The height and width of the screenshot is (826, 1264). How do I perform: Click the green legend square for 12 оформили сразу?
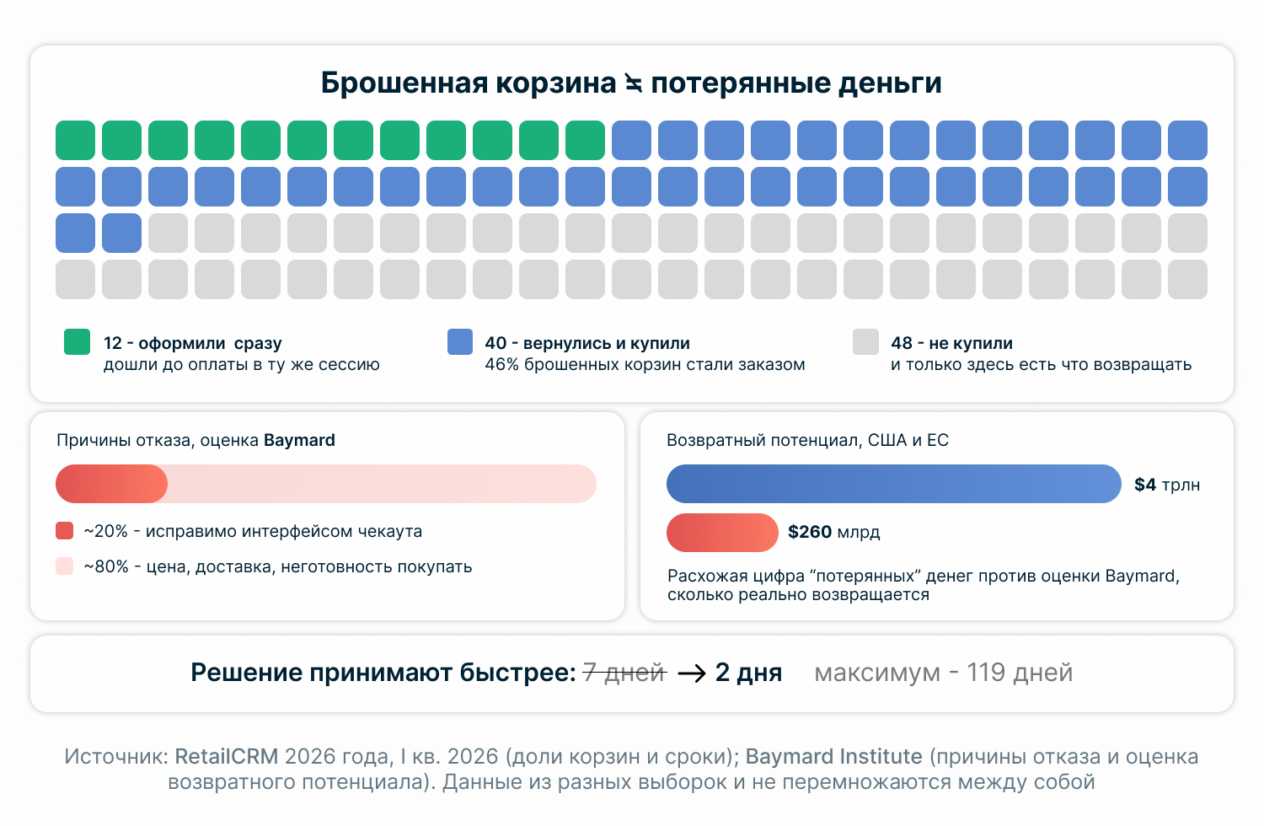(77, 341)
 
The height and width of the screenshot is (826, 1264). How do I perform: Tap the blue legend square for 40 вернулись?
(460, 341)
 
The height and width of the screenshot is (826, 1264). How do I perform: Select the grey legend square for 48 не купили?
(865, 341)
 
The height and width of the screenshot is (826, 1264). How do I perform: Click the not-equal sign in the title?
(633, 83)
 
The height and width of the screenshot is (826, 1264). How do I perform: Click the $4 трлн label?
(1167, 485)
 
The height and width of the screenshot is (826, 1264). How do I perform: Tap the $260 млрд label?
(833, 532)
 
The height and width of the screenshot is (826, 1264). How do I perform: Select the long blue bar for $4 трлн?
(893, 484)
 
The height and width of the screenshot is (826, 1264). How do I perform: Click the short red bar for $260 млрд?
(722, 533)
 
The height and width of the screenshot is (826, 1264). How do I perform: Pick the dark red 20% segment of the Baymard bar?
(111, 484)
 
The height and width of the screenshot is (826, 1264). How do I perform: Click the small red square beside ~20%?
(64, 531)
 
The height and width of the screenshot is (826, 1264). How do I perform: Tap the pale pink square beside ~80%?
(64, 566)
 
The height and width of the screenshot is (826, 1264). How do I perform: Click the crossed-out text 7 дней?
(624, 673)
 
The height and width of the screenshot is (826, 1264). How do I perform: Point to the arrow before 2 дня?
(691, 673)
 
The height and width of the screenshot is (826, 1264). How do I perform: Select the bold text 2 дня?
(748, 673)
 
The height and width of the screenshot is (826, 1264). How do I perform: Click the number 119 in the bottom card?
(986, 673)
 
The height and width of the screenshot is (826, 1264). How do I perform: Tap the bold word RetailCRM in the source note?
(227, 756)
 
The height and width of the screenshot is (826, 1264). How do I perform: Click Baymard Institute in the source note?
(833, 756)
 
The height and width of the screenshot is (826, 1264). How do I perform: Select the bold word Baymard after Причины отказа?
(299, 440)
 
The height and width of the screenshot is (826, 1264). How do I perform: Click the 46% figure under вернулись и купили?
(501, 365)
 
